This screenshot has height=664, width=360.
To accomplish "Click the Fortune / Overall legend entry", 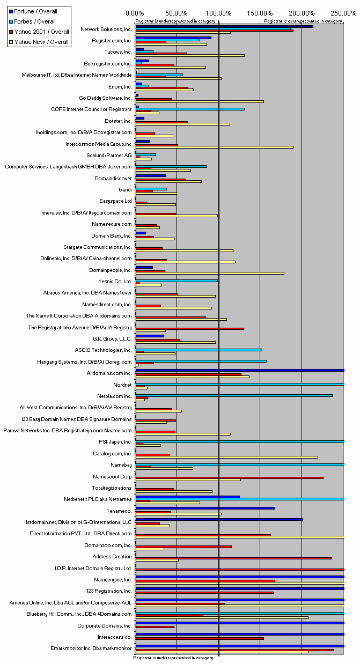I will click(35, 11).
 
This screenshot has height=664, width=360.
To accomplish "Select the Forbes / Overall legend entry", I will click(35, 21).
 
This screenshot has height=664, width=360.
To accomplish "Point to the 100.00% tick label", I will click(218, 12).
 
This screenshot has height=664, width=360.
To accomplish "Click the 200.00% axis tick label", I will click(302, 12).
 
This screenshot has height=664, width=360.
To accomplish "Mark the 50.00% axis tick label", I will click(177, 12).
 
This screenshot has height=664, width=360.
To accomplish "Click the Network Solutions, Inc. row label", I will click(106, 29).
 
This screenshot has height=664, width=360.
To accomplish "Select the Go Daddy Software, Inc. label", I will click(105, 98).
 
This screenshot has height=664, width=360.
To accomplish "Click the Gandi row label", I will click(125, 189).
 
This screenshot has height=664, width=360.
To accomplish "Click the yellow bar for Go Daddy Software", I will click(200, 101).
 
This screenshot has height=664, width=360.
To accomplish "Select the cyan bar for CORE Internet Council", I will click(191, 109).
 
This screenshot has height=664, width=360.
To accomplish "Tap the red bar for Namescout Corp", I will click(229, 477).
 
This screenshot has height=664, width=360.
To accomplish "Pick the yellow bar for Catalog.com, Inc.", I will click(226, 457).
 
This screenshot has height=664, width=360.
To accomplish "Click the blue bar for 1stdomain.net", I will click(219, 519).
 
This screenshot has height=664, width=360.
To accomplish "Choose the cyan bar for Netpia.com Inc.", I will click(234, 395).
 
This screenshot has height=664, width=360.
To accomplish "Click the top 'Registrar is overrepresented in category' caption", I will click(303, 21).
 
